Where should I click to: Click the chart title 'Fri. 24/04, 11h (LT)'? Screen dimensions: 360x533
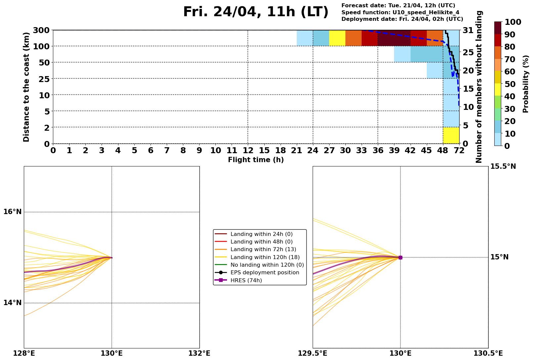click(x=256, y=12)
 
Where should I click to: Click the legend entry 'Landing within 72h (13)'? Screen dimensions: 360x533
click(x=263, y=249)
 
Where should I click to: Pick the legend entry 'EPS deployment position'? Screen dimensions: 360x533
click(x=265, y=273)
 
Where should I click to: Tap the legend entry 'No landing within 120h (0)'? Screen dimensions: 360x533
click(x=267, y=265)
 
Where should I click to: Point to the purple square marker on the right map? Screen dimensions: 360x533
click(x=400, y=257)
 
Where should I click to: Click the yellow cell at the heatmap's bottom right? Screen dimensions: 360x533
click(x=451, y=135)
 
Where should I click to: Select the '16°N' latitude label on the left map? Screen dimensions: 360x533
click(x=13, y=212)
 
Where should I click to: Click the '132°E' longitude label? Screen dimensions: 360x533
click(x=199, y=354)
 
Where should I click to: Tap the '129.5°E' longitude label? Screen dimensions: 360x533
click(x=313, y=354)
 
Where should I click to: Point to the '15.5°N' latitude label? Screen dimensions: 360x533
click(x=503, y=166)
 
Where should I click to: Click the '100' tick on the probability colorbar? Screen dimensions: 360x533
click(x=513, y=22)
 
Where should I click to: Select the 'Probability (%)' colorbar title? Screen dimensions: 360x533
click(x=526, y=84)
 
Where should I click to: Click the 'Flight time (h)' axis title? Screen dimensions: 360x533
click(x=256, y=160)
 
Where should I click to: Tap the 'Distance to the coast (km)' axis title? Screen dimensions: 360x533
click(x=26, y=87)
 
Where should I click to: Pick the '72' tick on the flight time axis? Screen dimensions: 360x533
click(x=459, y=151)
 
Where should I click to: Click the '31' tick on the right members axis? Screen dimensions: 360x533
click(x=468, y=30)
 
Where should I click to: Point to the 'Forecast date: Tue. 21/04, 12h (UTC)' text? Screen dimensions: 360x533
click(x=398, y=6)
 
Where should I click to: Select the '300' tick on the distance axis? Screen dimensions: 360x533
click(x=41, y=30)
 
